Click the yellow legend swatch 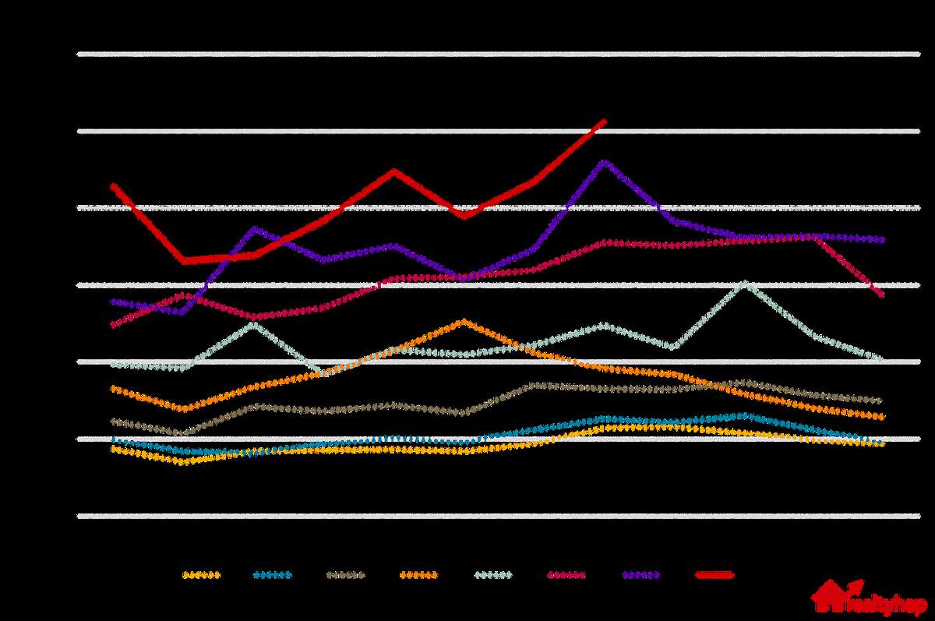(x=201, y=576)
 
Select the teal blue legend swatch (x=272, y=576)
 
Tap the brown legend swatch (x=345, y=576)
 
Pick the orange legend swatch (x=418, y=576)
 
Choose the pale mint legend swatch (x=493, y=576)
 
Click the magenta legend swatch (x=566, y=576)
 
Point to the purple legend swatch (x=640, y=576)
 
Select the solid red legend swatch (x=714, y=576)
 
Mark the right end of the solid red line (x=604, y=121)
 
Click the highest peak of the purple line (x=604, y=161)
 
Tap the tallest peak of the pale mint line (x=746, y=282)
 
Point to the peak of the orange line (x=464, y=320)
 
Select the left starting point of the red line (x=114, y=185)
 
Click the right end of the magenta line (x=882, y=295)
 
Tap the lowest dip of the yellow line (x=184, y=462)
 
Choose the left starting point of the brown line (x=114, y=422)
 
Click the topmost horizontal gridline (x=499, y=54)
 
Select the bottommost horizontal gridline (x=499, y=515)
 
